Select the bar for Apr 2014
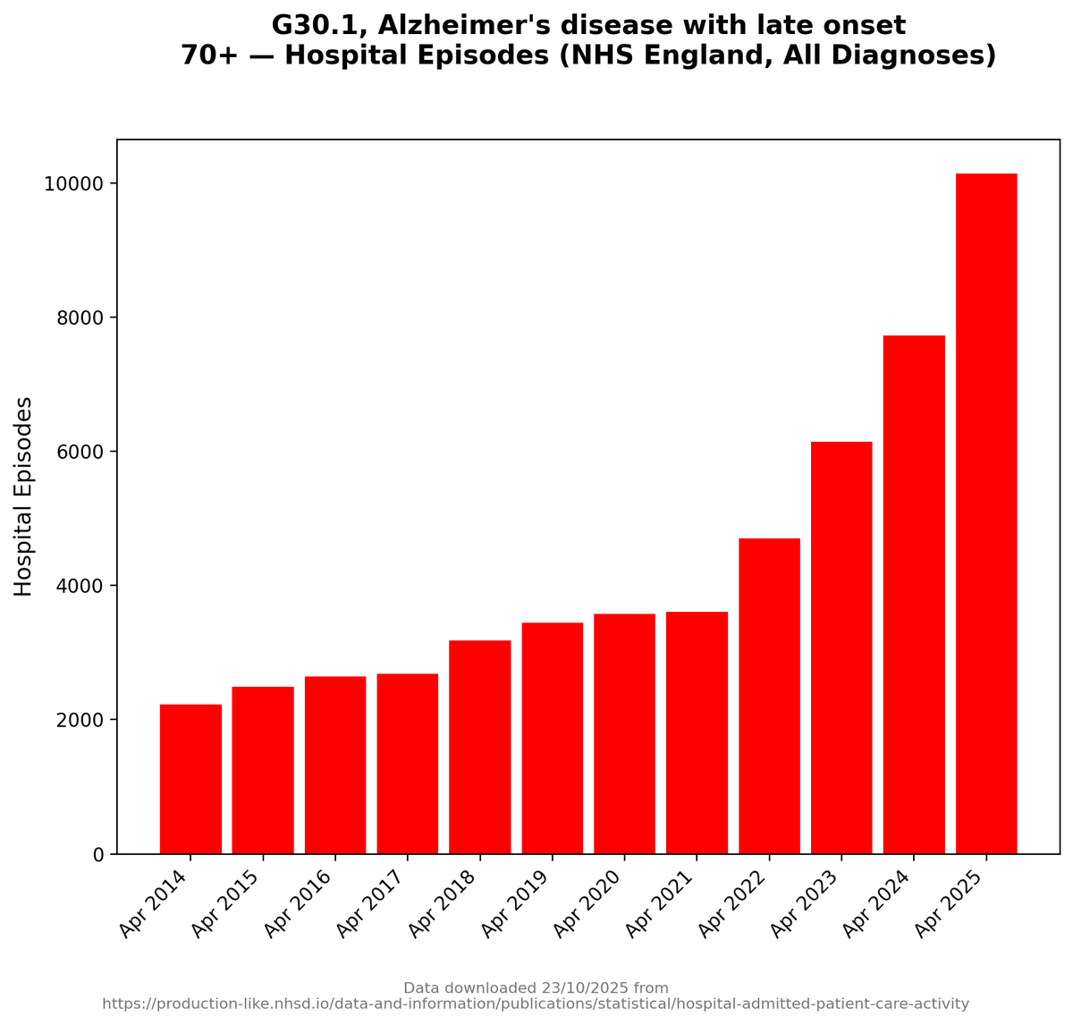(x=190, y=779)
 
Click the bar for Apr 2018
(x=480, y=747)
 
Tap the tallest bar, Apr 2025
(x=986, y=513)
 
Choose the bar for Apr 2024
(x=914, y=595)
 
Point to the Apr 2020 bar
(x=624, y=733)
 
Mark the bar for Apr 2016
(x=335, y=765)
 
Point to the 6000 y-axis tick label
(x=80, y=453)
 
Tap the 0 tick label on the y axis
(x=99, y=855)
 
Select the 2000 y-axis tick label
(x=80, y=721)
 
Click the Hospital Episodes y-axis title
(x=24, y=496)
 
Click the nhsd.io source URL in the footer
(x=536, y=1004)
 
